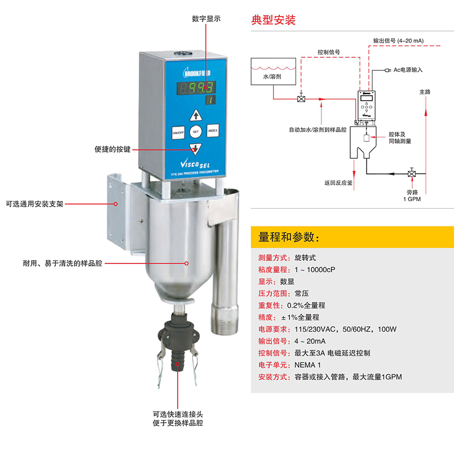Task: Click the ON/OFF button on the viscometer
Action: (x=178, y=132)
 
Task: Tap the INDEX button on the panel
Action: (x=213, y=130)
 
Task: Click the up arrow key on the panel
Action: (x=196, y=115)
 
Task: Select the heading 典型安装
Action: (x=274, y=20)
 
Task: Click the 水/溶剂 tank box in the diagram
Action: (x=273, y=71)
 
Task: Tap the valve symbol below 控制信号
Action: (x=301, y=98)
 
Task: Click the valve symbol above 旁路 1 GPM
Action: (x=412, y=173)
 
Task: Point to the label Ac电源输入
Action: (x=408, y=70)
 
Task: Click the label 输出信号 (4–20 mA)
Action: (x=399, y=41)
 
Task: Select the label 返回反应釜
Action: (x=338, y=183)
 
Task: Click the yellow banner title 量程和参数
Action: (x=289, y=237)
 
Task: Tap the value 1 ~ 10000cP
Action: (x=315, y=270)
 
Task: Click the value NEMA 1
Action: (x=307, y=365)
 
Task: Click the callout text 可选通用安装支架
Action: (x=35, y=204)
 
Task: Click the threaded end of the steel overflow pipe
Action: (x=224, y=326)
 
